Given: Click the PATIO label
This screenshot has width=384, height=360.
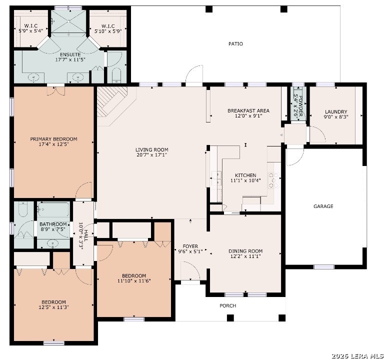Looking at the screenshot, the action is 235,44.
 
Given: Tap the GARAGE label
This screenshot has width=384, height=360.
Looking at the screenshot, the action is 323,206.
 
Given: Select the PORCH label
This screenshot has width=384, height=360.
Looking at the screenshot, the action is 228,305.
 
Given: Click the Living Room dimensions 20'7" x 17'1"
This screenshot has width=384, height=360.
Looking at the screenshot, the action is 152,155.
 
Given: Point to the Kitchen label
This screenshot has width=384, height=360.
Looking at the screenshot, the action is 245,175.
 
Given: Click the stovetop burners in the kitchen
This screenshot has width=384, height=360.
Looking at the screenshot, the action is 273,180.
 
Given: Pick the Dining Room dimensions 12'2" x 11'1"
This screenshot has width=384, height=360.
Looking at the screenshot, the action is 245,256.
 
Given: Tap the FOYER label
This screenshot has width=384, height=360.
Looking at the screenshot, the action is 190,246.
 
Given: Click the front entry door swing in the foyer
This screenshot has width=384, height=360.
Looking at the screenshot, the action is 190,270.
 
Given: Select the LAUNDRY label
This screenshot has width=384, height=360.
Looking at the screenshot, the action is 336,112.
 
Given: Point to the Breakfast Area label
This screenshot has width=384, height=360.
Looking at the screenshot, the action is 248,110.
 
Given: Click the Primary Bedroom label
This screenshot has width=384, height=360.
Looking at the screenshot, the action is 53,139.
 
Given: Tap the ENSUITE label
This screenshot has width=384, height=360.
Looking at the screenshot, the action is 70,54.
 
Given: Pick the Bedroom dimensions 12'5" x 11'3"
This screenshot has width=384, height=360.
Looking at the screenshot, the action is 53,307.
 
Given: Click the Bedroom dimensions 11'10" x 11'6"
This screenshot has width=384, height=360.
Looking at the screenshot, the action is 134,280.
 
